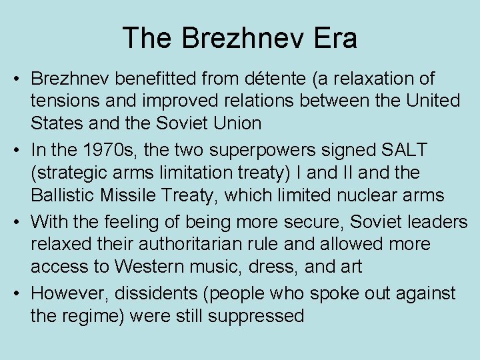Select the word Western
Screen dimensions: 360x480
tap(148, 266)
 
